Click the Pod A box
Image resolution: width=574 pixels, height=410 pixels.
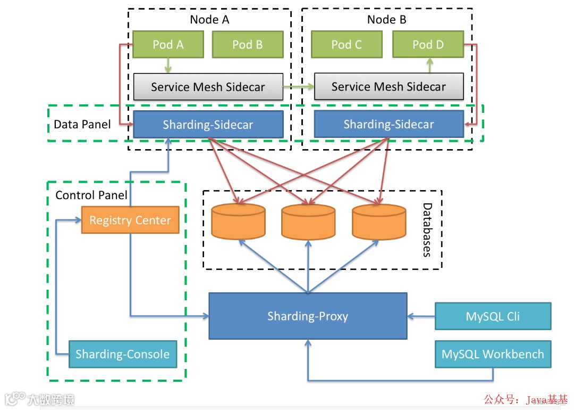tap(168, 44)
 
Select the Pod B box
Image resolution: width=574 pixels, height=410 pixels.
tap(247, 44)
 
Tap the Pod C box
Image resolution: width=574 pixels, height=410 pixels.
tap(346, 44)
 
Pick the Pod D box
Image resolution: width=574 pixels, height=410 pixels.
tap(428, 44)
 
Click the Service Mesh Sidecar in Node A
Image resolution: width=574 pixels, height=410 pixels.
tap(208, 87)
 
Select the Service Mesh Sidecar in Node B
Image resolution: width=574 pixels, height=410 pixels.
tap(389, 87)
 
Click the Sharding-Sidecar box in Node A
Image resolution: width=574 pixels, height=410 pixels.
tap(208, 125)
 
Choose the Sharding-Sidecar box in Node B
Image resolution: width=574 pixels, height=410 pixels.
tap(389, 125)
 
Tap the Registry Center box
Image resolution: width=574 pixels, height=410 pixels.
tap(130, 220)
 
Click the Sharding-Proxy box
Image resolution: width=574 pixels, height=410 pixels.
tap(308, 316)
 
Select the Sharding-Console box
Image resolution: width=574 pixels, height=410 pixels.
tap(123, 354)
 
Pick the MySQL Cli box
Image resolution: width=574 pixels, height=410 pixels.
tap(493, 316)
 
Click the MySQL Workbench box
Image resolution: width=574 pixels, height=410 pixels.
tap(493, 354)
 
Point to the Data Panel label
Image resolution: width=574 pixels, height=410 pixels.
tap(82, 125)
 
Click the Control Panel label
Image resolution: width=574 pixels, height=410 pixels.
tap(91, 195)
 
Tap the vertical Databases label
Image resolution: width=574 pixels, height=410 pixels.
tap(426, 229)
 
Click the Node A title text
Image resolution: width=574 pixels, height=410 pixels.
tap(209, 20)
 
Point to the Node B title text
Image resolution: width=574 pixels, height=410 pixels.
tap(386, 20)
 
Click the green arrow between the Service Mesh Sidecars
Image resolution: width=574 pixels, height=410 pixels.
tap(299, 86)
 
